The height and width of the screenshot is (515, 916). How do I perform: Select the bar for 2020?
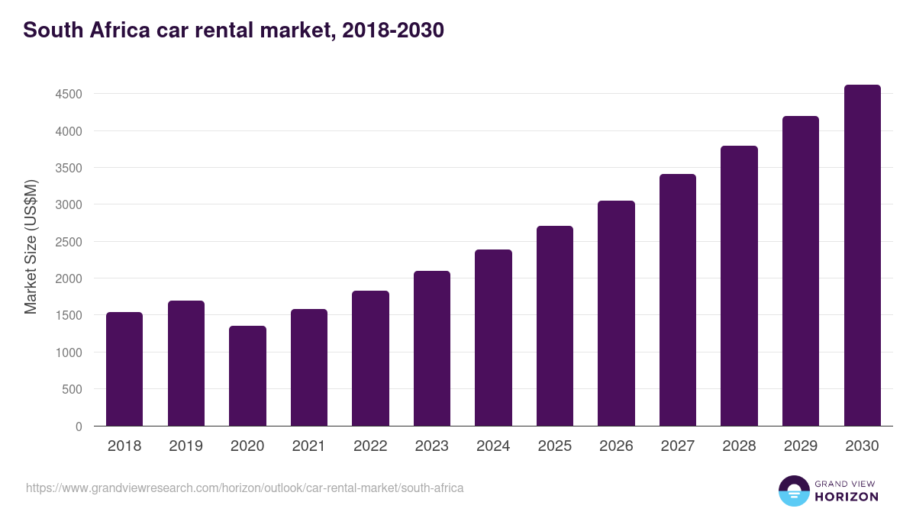tap(247, 375)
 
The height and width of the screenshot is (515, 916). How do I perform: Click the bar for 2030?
tap(862, 256)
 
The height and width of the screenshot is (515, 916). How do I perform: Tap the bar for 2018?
tap(124, 369)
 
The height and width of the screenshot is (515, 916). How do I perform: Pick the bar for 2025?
tap(555, 326)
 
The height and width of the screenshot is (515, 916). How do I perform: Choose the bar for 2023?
tap(432, 348)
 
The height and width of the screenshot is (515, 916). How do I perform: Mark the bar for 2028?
tap(739, 285)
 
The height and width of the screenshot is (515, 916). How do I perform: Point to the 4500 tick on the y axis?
tap(67, 95)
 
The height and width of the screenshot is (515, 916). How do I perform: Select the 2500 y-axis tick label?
tap(67, 242)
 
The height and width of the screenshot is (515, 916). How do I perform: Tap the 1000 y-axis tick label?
tap(67, 352)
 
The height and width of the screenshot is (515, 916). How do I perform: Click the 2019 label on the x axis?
tap(186, 446)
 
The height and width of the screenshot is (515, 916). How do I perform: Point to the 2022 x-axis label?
tap(370, 446)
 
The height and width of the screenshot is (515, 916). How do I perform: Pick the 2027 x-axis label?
tap(678, 446)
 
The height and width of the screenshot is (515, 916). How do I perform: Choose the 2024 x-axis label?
tap(493, 446)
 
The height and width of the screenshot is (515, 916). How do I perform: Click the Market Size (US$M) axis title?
tap(31, 247)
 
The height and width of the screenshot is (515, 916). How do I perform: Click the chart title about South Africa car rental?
tap(234, 31)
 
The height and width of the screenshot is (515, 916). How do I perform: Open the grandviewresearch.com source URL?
tap(244, 488)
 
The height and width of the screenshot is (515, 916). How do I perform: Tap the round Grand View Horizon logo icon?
tap(794, 491)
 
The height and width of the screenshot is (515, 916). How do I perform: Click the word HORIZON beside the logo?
tap(847, 497)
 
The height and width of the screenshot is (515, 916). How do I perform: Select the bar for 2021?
tap(309, 367)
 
